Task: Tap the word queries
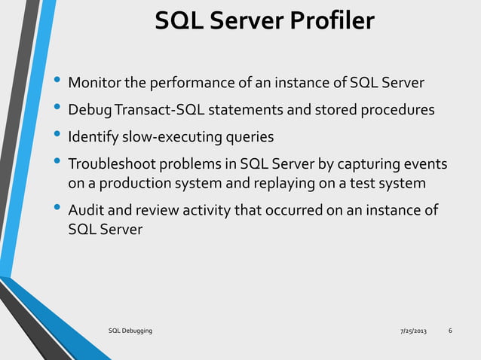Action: pos(248,137)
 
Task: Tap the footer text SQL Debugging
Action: pos(130,332)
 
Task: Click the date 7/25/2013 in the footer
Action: pos(412,332)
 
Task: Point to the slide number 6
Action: pos(450,331)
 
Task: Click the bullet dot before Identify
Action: pos(57,136)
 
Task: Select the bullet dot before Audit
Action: pos(57,209)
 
